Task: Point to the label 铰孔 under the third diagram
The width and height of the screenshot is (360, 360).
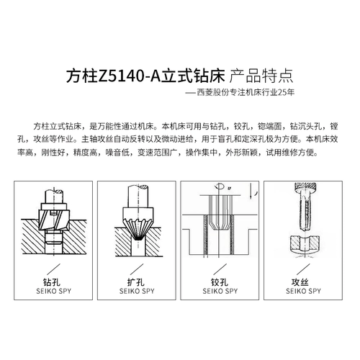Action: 222,282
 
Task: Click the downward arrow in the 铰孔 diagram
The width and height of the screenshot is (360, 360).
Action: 248,194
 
